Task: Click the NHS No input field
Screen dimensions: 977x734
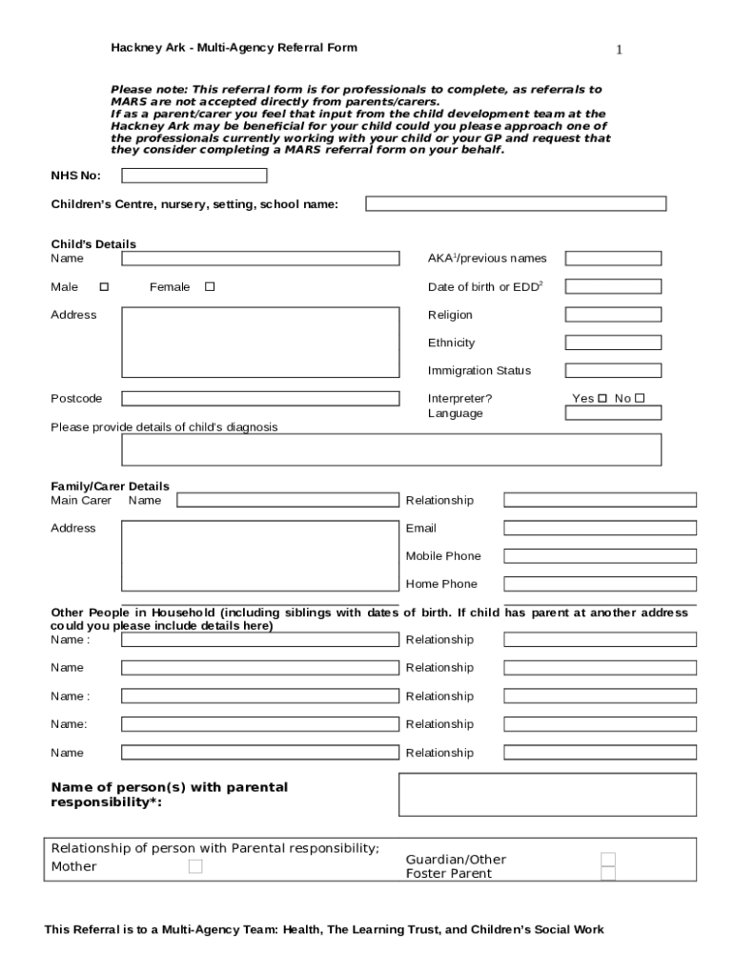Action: [194, 176]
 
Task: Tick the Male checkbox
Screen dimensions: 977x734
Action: [104, 287]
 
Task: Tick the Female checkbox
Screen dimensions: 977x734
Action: [210, 287]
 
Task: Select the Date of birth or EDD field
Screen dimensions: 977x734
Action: [613, 286]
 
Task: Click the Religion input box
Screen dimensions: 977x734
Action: [613, 315]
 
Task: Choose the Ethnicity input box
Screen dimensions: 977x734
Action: [613, 343]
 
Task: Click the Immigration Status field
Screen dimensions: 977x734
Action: [613, 370]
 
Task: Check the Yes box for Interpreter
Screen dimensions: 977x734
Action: [601, 399]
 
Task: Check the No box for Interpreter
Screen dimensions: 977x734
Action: [640, 399]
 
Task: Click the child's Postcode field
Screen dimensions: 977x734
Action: [260, 399]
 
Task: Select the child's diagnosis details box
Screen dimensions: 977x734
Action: [391, 449]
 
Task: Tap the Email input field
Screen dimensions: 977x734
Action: [600, 528]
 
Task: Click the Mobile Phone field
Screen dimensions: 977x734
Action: [600, 556]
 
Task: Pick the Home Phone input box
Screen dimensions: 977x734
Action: [600, 584]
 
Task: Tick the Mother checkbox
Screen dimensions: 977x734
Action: [195, 866]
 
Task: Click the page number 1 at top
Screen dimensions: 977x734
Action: [619, 50]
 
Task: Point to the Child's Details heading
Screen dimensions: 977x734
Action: [93, 244]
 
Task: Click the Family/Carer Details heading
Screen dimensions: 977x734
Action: [110, 487]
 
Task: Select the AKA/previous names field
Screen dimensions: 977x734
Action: [613, 259]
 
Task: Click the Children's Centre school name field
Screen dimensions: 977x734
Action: [516, 203]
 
